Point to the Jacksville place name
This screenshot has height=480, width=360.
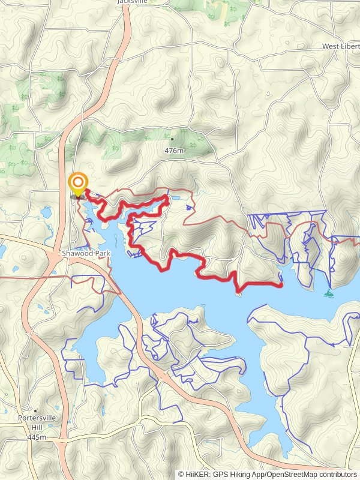click(133, 2)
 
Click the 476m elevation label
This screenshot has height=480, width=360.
click(173, 151)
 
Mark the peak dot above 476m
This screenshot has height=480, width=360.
click(173, 139)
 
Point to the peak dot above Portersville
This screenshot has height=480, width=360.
click(36, 411)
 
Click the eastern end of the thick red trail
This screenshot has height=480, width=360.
click(281, 286)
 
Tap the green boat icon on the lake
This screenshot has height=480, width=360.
click(328, 293)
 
